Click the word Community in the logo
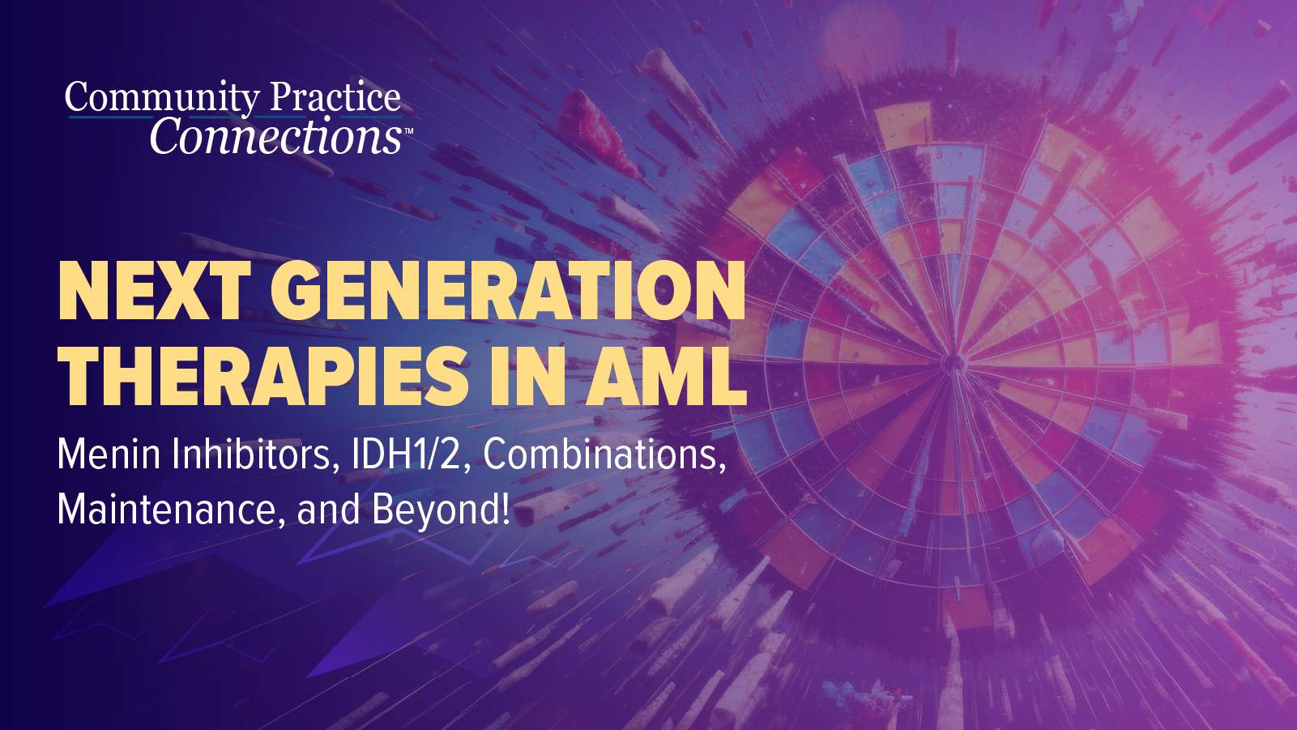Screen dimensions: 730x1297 pyautogui.click(x=161, y=98)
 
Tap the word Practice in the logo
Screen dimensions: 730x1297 pyautogui.click(x=335, y=98)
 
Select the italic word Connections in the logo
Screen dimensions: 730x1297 pyautogui.click(x=275, y=136)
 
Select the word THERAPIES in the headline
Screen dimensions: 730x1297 pyautogui.click(x=263, y=376)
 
